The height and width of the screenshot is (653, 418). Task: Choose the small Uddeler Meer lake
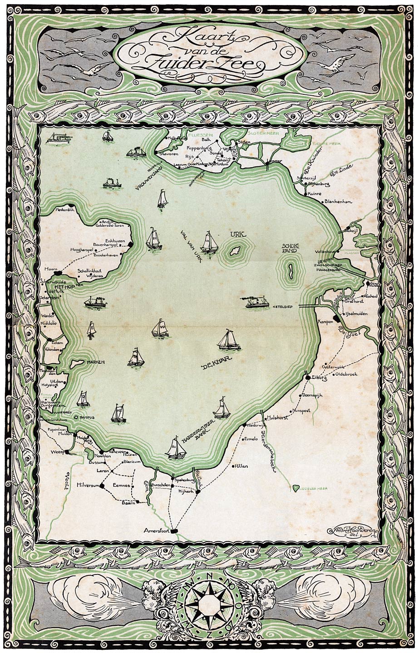click(x=296, y=488)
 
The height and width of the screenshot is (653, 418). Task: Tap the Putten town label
click(x=241, y=466)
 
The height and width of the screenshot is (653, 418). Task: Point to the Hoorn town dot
click(x=57, y=274)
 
